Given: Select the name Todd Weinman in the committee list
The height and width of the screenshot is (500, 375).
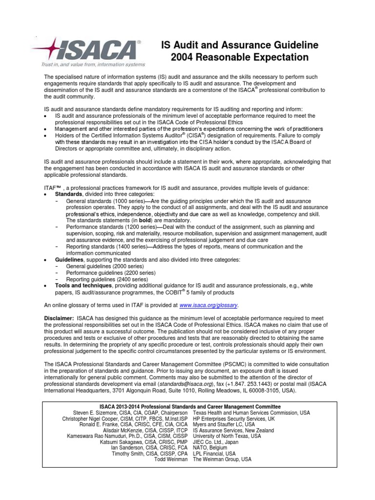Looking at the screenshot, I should point(172,459).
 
